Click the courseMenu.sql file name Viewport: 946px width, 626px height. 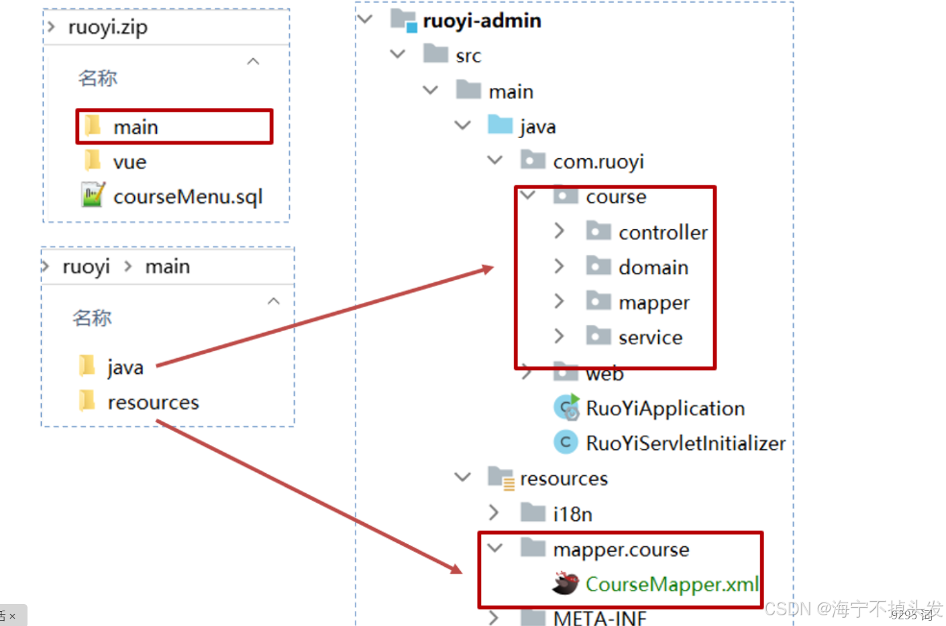pos(188,197)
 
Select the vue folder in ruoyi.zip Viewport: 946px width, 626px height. pos(129,162)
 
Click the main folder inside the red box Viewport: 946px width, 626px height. pos(136,127)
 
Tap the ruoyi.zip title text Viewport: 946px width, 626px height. pos(107,27)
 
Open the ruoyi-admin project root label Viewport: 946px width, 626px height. pos(482,21)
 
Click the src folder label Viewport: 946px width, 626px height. pos(468,56)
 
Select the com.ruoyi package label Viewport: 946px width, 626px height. pos(598,162)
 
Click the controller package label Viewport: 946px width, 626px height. pos(663,233)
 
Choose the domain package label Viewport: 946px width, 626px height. pos(653,267)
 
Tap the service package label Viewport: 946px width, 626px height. pos(650,337)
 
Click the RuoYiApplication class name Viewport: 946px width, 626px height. pos(665,408)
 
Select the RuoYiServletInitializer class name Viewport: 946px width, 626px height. pos(685,443)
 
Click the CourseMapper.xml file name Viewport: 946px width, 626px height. pos(672,584)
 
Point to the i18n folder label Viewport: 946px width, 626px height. pos(572,514)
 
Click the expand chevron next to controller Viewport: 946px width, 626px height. pos(559,231)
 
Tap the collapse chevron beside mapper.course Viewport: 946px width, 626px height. pos(495,548)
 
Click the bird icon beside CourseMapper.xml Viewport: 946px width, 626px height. pos(566,583)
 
